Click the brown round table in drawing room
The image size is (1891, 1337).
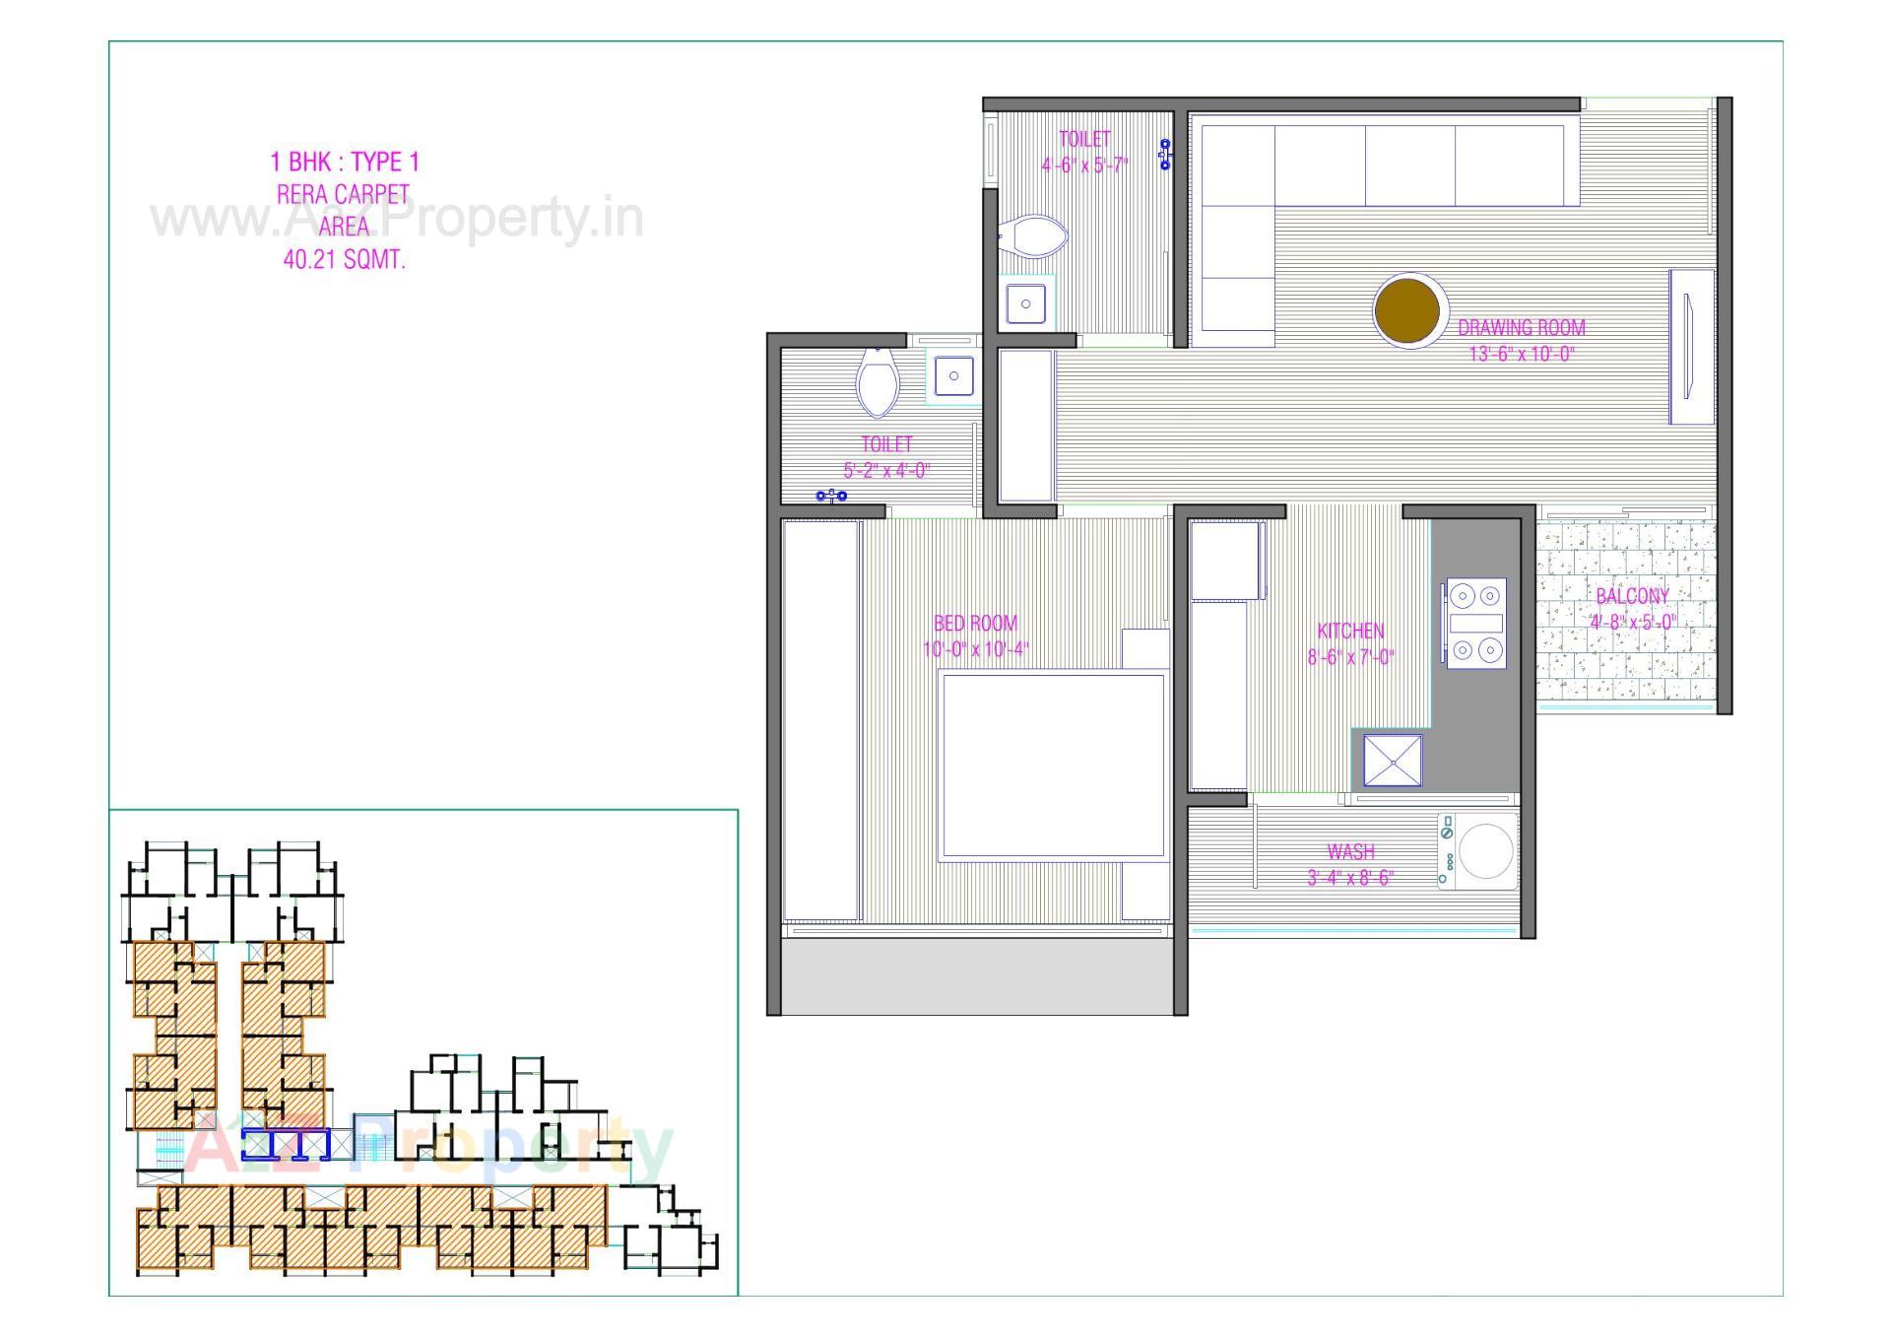(x=1409, y=309)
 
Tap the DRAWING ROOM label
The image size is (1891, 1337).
(x=1521, y=328)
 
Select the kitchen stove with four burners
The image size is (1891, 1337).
(x=1476, y=623)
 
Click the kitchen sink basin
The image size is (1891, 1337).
(x=1393, y=760)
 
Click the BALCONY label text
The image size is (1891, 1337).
(x=1632, y=596)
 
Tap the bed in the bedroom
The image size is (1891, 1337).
(x=1051, y=766)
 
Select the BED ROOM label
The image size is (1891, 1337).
(x=975, y=623)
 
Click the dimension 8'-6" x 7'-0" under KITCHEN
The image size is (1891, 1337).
(x=1350, y=657)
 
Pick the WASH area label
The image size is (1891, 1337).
(x=1350, y=851)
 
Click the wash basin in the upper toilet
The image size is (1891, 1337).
(x=1025, y=303)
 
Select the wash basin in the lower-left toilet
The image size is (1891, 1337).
(x=952, y=375)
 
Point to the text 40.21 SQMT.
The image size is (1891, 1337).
(x=344, y=260)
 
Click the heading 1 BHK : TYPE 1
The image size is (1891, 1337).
(x=345, y=162)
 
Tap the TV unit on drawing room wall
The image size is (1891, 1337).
(x=1691, y=346)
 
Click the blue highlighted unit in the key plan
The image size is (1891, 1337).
(x=285, y=1145)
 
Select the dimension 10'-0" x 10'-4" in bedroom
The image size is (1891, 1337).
(x=975, y=649)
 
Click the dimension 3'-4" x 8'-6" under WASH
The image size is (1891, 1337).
(x=1350, y=878)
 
